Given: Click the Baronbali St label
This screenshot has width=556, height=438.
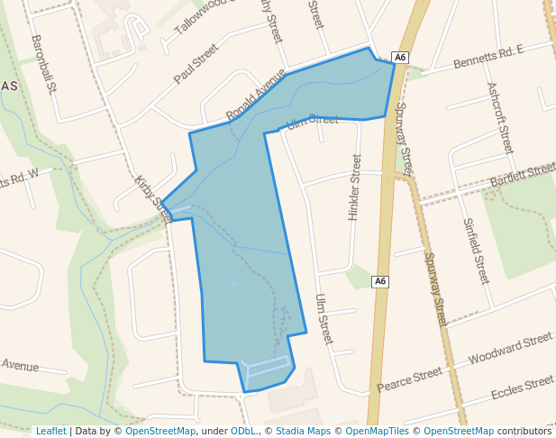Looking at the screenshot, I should click(44, 64).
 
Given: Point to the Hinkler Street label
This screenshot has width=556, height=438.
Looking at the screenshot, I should click(354, 187).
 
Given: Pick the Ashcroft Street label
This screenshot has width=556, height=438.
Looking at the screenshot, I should click(499, 117).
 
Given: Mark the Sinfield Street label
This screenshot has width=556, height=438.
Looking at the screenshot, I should click(475, 251).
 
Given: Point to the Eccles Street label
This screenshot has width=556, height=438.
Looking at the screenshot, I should click(522, 388).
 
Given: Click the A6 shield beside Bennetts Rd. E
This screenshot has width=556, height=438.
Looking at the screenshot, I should click(401, 58).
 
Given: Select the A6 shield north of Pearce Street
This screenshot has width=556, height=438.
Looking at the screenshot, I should click(380, 281).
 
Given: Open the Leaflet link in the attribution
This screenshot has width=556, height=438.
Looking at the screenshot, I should click(50, 431).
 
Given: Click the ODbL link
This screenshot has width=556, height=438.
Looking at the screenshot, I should click(243, 431).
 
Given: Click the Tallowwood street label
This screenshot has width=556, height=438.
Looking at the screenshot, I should click(204, 14).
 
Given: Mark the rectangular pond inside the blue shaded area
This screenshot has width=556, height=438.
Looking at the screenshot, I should click(268, 368).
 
